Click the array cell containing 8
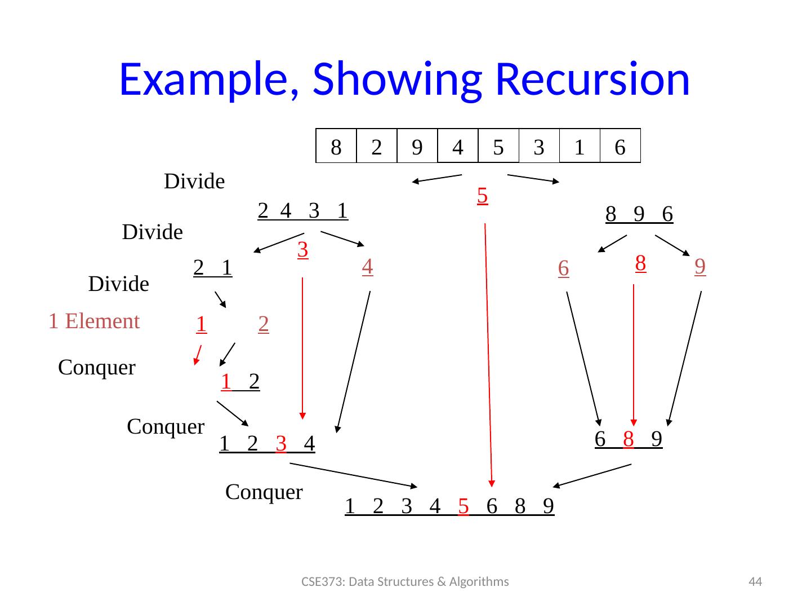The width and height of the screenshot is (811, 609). (336, 147)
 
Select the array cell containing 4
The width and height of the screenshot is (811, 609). (458, 147)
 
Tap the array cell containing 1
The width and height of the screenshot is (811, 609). (580, 147)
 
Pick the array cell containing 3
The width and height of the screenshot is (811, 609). (539, 147)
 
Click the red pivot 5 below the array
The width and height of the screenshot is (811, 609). (482, 196)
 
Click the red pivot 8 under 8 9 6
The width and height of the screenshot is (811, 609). (640, 263)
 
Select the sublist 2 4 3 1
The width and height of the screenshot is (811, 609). (302, 210)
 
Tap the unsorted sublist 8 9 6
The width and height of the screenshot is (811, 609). (639, 214)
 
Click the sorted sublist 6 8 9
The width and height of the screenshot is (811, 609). (628, 439)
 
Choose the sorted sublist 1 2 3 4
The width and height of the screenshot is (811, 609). (267, 444)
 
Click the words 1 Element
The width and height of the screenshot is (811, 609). (94, 321)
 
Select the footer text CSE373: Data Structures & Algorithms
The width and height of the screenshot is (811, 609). (405, 582)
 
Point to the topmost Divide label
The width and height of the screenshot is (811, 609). (194, 182)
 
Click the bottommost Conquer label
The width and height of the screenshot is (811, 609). (264, 492)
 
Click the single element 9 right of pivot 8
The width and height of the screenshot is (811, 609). (700, 266)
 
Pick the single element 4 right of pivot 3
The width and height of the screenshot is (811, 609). (367, 266)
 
